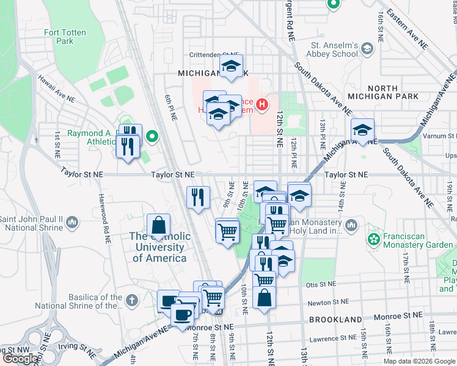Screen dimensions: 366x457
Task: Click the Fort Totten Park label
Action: pyautogui.click(x=59, y=37)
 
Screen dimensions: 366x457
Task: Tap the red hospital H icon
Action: pyautogui.click(x=262, y=105)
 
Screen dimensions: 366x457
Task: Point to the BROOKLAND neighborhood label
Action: pyautogui.click(x=335, y=320)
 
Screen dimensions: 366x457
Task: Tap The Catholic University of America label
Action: pyautogui.click(x=158, y=247)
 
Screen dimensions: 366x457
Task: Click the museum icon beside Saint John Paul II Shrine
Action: pyautogui.click(x=72, y=221)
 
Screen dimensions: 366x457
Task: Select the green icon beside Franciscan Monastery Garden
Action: pyautogui.click(x=372, y=237)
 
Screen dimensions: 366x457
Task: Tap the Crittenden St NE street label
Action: pyautogui.click(x=213, y=54)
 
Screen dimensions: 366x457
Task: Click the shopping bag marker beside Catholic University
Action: pyautogui.click(x=158, y=224)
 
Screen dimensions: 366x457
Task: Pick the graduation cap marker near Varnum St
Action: pyautogui.click(x=362, y=129)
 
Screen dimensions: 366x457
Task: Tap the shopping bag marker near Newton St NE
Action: pyautogui.click(x=264, y=297)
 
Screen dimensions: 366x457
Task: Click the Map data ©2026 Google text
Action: pyautogui.click(x=419, y=361)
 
